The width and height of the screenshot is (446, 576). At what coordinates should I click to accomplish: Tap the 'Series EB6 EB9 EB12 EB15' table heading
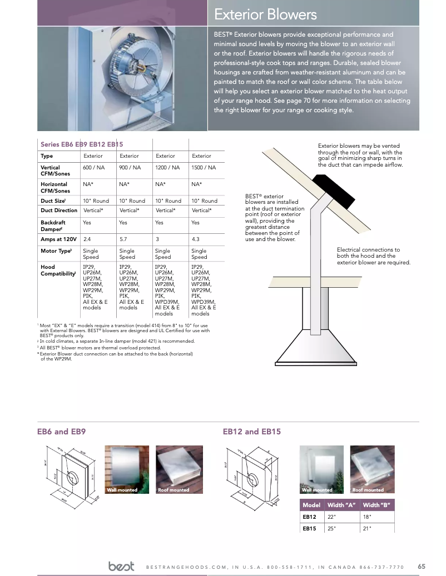click(82, 144)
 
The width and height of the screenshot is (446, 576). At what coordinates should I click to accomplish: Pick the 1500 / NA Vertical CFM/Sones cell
click(204, 167)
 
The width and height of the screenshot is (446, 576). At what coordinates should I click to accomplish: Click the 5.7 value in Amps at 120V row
click(123, 239)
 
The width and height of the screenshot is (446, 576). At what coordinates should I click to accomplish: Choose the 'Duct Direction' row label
click(59, 211)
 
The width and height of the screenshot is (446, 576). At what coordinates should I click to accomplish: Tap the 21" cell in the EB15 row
click(366, 528)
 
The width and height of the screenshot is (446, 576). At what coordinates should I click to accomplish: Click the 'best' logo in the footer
click(122, 567)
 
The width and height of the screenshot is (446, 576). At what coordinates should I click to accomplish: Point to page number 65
click(421, 567)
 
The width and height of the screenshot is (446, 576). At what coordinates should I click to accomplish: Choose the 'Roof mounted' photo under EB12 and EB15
click(372, 469)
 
